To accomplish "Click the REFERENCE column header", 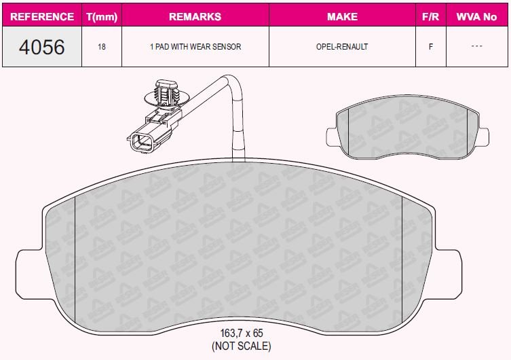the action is [42, 16].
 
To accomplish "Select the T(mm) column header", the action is [102, 16].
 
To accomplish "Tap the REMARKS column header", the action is [195, 16].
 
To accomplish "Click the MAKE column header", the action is [342, 16].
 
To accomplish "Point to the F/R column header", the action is [430, 16].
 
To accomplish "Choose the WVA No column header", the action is [476, 16].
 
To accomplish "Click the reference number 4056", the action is [41, 47].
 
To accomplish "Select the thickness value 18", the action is [102, 47].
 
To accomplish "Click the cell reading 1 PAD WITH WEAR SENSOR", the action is [195, 47].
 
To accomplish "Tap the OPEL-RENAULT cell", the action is [342, 47].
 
